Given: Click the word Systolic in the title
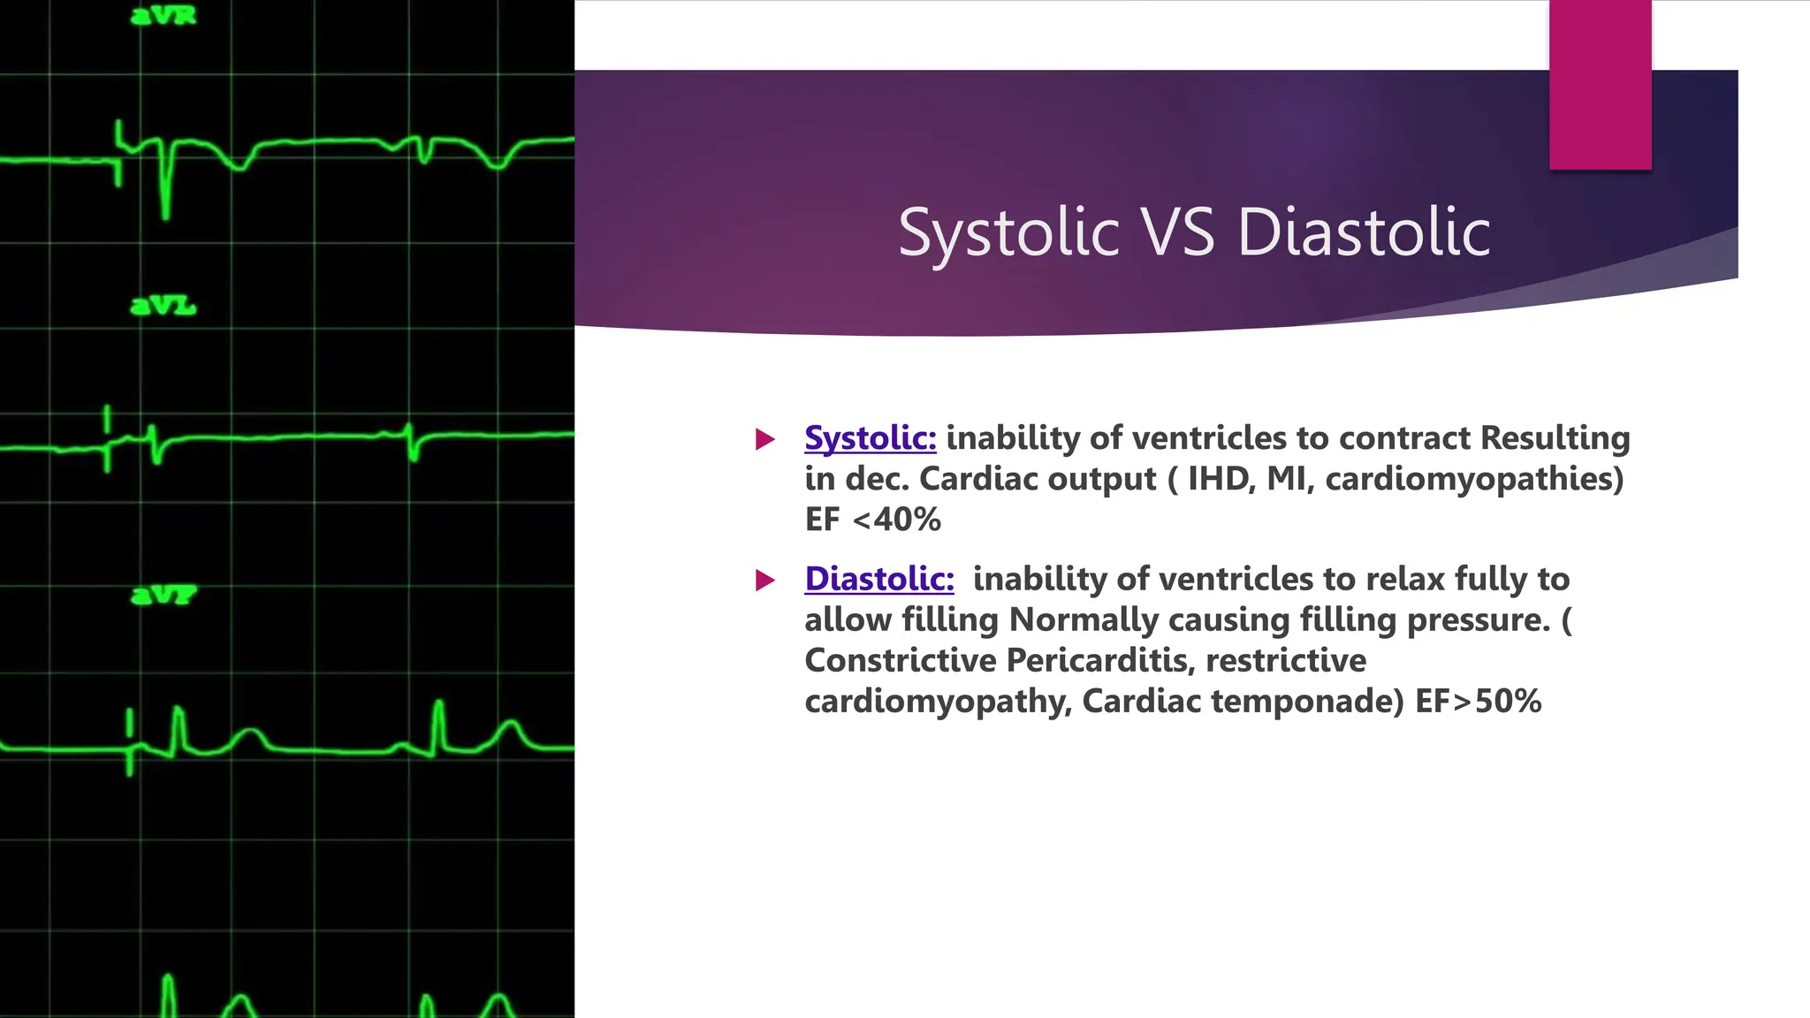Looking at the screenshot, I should coord(1008,232).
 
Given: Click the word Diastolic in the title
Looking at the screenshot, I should coord(1364,232).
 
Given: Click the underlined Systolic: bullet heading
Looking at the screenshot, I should coord(870,438).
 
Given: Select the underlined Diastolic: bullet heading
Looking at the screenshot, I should coord(878,580).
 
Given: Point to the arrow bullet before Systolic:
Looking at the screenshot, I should coord(765,439).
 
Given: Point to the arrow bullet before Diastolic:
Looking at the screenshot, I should coord(765,581).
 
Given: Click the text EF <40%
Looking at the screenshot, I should coord(872,520).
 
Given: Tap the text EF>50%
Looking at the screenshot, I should coord(1478,702).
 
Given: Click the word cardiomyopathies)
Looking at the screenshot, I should coord(1474,479).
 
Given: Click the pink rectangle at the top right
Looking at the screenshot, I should coord(1600,84).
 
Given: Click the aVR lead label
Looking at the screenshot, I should coord(164,16).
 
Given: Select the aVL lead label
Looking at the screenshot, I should coord(164,306).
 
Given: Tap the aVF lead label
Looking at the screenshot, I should coord(164,595).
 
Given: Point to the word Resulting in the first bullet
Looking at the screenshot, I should coord(1555,438).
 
